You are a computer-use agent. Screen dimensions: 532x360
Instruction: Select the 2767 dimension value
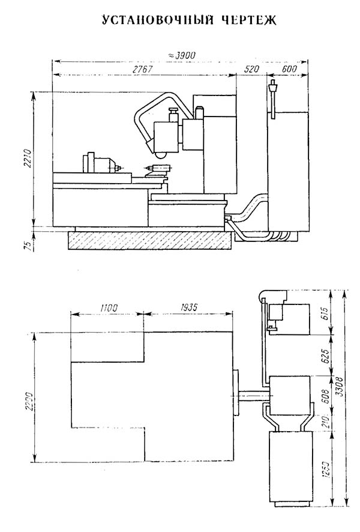point(143,70)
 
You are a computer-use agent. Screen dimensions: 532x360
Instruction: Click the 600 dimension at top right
point(289,70)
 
